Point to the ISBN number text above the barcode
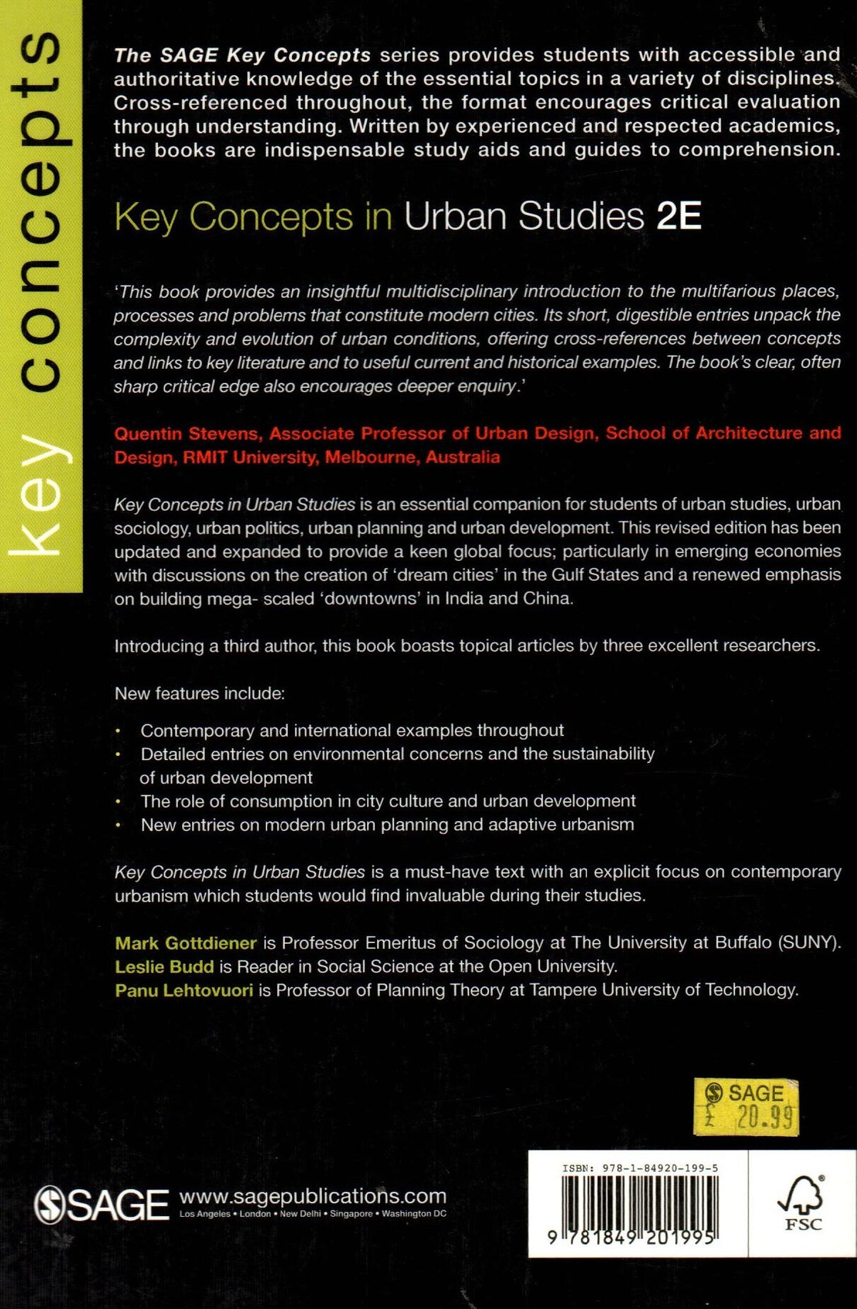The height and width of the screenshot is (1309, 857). tap(640, 1169)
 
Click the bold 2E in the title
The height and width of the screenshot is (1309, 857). tap(678, 216)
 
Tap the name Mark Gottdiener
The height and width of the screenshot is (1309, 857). tap(186, 943)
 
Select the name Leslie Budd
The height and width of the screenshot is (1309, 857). tap(164, 967)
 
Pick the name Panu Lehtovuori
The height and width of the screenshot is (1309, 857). tap(184, 990)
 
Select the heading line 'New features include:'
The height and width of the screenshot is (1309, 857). tap(199, 694)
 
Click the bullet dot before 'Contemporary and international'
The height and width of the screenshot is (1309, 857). tap(119, 732)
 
